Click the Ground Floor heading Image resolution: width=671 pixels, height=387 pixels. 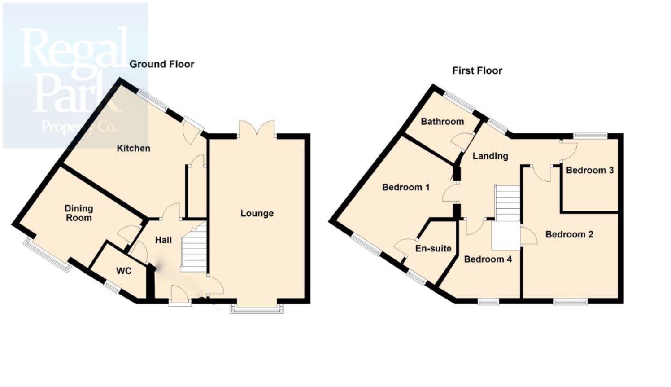coord(162,64)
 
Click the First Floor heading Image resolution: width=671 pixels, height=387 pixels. coord(477,70)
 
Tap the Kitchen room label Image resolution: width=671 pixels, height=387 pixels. coord(133,148)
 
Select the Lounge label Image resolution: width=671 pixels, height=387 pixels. coord(257,213)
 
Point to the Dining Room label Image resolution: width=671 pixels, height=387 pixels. coord(79,213)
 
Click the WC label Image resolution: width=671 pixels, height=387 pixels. coord(124,271)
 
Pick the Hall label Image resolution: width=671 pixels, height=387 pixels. coord(163,240)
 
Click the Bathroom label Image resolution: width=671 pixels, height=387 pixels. coord(442,121)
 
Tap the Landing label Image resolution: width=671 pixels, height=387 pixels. coord(490,156)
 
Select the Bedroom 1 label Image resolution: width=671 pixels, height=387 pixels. coord(405,187)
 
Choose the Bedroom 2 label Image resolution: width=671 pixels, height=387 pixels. coord(569,234)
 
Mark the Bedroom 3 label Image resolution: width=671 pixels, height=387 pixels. coord(589,170)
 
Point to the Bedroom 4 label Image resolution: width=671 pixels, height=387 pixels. coord(488,259)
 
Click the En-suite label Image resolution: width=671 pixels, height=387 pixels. coord(433,248)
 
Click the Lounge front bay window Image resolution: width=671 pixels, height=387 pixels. coord(257,308)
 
